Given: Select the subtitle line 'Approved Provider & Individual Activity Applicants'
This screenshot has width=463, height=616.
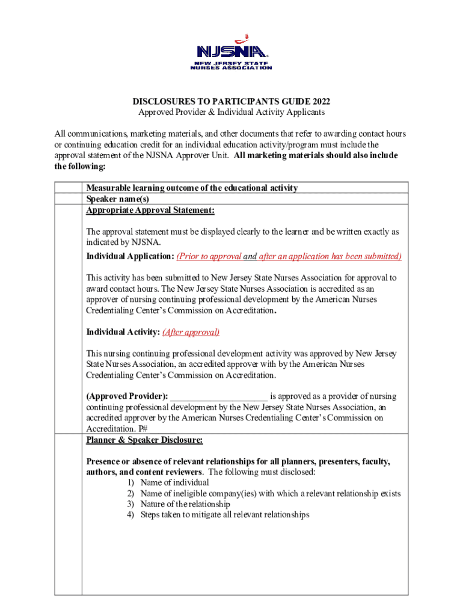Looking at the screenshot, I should (231, 112).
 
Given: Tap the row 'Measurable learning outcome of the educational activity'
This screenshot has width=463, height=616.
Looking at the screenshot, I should (192, 188).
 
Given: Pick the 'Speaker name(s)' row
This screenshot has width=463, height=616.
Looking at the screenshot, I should (117, 199).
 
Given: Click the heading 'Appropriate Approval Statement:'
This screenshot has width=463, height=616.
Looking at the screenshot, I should (150, 210).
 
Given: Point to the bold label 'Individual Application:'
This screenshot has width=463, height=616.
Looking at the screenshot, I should (130, 256).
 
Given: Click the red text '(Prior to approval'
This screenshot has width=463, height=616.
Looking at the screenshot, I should (209, 256).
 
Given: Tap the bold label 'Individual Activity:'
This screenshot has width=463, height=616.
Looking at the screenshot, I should (123, 332).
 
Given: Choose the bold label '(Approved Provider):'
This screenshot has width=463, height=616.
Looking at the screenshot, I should (127, 396).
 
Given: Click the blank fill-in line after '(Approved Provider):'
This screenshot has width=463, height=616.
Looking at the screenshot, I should (219, 396).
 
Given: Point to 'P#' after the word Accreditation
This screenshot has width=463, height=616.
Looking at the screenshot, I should (143, 429).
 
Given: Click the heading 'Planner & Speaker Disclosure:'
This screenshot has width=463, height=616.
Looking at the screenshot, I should (144, 440).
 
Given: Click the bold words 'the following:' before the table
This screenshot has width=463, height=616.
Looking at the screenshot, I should (80, 166).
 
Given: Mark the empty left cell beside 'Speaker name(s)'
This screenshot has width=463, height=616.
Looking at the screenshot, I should (68, 199).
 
